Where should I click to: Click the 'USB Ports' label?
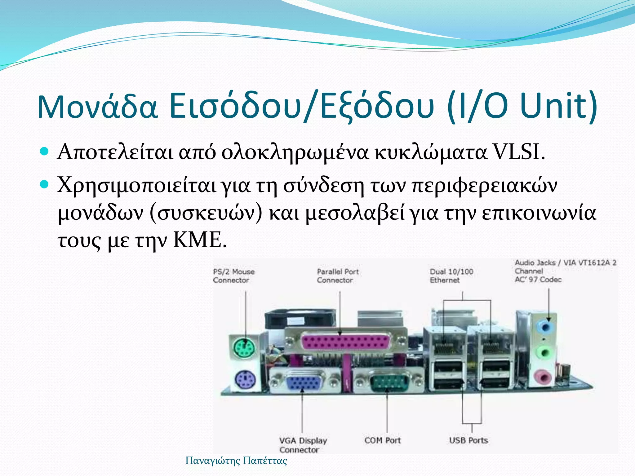468,440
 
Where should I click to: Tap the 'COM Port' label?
383,440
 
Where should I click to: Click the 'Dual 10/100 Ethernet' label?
451,276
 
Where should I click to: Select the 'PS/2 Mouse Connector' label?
234,276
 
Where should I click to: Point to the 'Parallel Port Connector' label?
338,276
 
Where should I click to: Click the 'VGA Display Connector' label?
303,445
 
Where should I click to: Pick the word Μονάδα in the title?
98,107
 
